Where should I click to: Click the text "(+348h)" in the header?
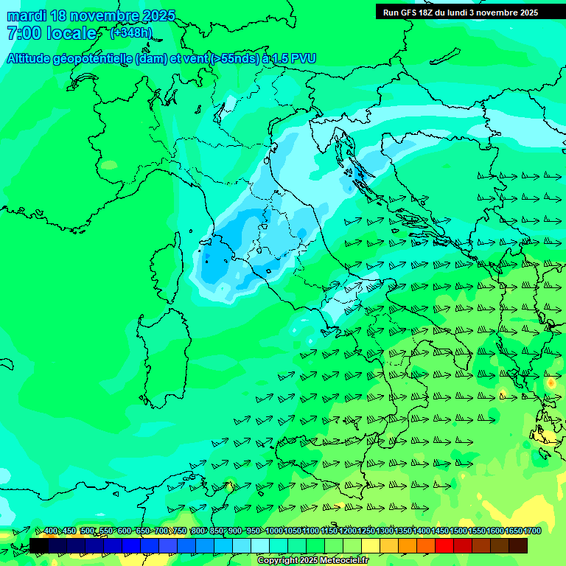[131, 32]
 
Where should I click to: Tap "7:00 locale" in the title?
[52, 33]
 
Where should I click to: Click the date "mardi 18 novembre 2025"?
[91, 15]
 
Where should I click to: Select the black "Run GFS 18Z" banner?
[469, 12]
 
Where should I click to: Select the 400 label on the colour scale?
[51, 531]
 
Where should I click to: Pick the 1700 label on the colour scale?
[532, 531]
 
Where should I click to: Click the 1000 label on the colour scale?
[274, 531]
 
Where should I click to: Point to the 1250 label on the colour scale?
[366, 531]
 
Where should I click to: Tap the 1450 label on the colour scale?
[440, 531]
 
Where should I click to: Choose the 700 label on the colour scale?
[161, 531]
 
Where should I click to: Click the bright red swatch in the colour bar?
[444, 545]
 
